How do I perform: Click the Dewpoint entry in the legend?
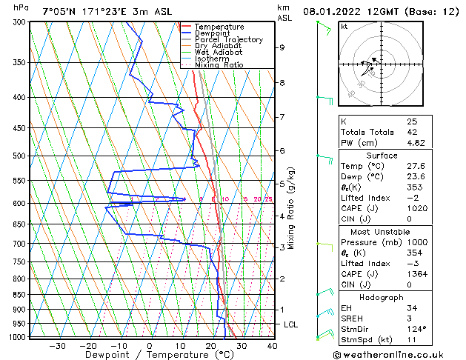pyautogui.click(x=212, y=33)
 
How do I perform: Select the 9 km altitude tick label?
pyautogui.click(x=282, y=47)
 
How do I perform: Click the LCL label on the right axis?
pyautogui.click(x=292, y=324)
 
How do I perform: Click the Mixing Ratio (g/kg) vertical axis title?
pyautogui.click(x=291, y=208)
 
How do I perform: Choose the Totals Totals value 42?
pyautogui.click(x=412, y=132)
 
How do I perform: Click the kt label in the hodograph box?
pyautogui.click(x=344, y=27)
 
